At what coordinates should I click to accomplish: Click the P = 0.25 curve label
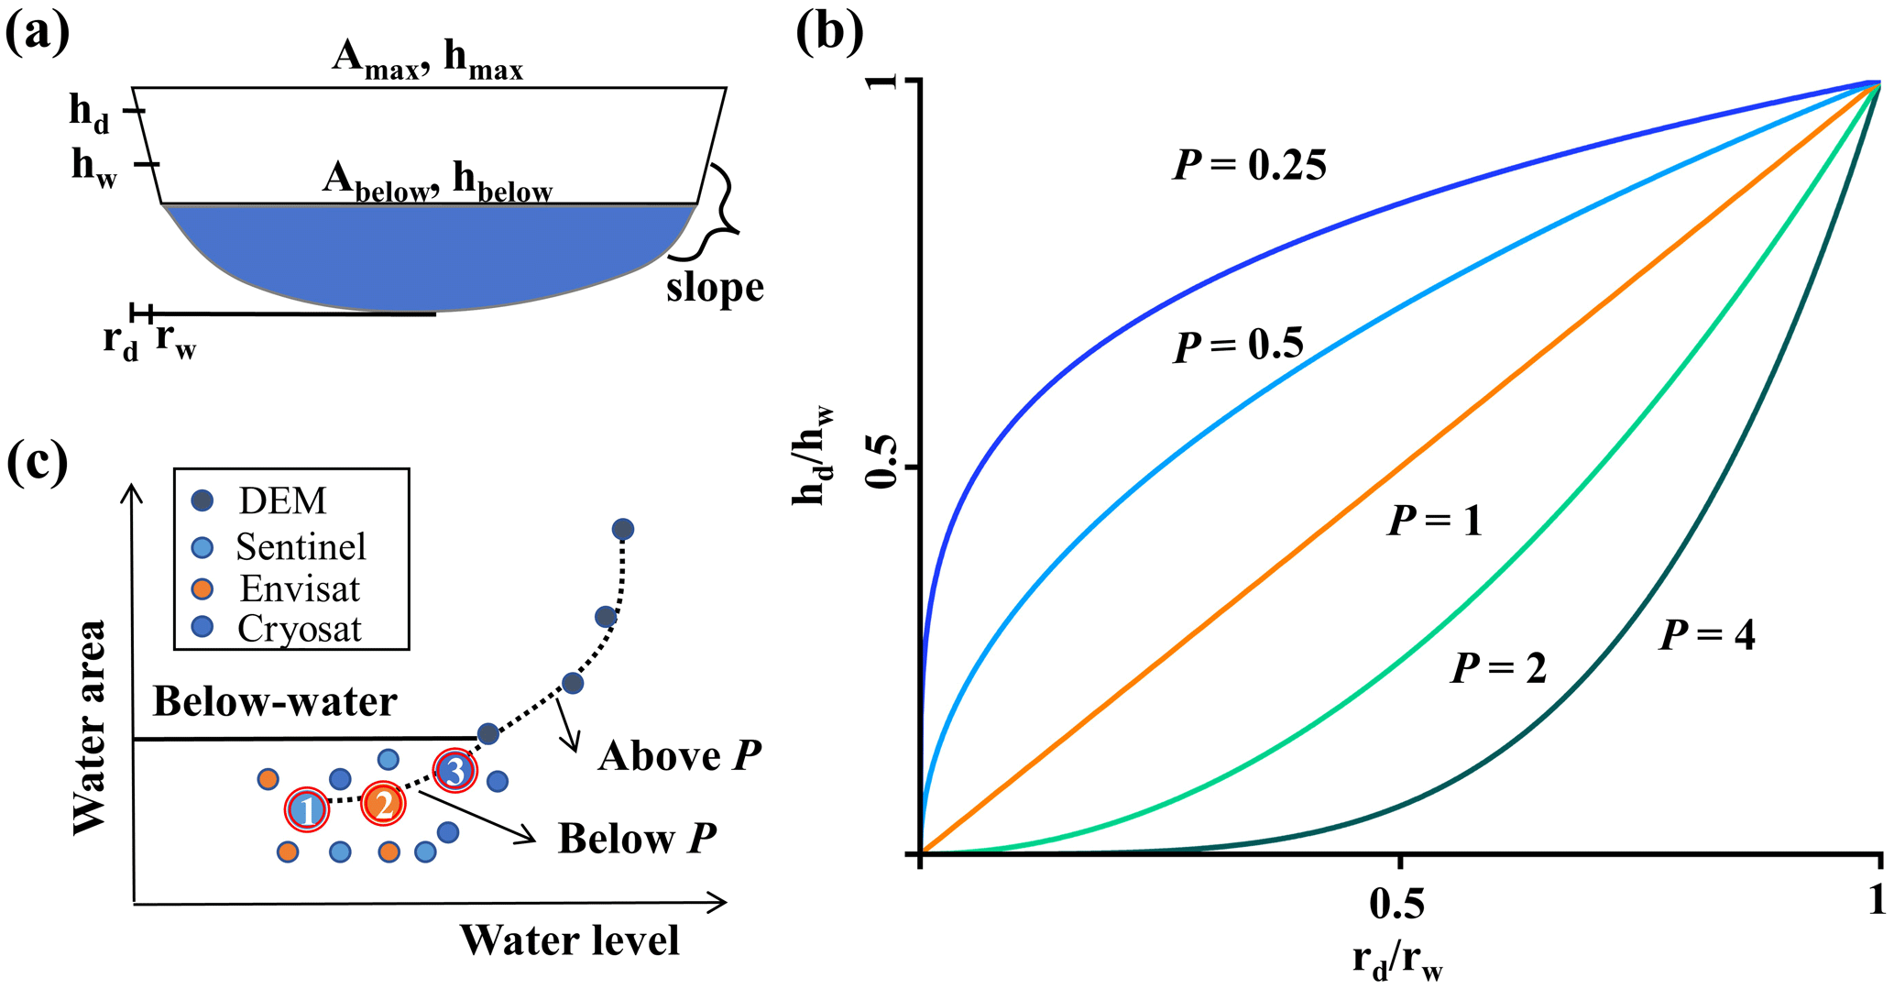pyautogui.click(x=1249, y=166)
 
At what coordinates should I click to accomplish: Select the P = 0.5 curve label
pyautogui.click(x=1238, y=346)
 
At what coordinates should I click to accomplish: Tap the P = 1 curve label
pyautogui.click(x=1435, y=521)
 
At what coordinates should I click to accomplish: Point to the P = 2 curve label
pyautogui.click(x=1498, y=668)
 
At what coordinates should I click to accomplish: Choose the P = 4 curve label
pyautogui.click(x=1707, y=635)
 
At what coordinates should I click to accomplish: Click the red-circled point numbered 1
pyautogui.click(x=307, y=809)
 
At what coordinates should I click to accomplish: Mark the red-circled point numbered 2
pyautogui.click(x=383, y=803)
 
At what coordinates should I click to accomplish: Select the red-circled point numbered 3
pyautogui.click(x=455, y=771)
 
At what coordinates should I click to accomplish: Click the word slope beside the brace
pyautogui.click(x=715, y=288)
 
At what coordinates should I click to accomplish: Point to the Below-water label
pyautogui.click(x=275, y=702)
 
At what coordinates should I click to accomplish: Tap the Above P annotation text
pyautogui.click(x=679, y=756)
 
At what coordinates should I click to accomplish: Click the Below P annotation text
pyautogui.click(x=637, y=839)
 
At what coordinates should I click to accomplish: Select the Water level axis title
pyautogui.click(x=569, y=940)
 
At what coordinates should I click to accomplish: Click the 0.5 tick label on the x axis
pyautogui.click(x=1397, y=904)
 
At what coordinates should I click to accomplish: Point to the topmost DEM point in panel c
pyautogui.click(x=623, y=529)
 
